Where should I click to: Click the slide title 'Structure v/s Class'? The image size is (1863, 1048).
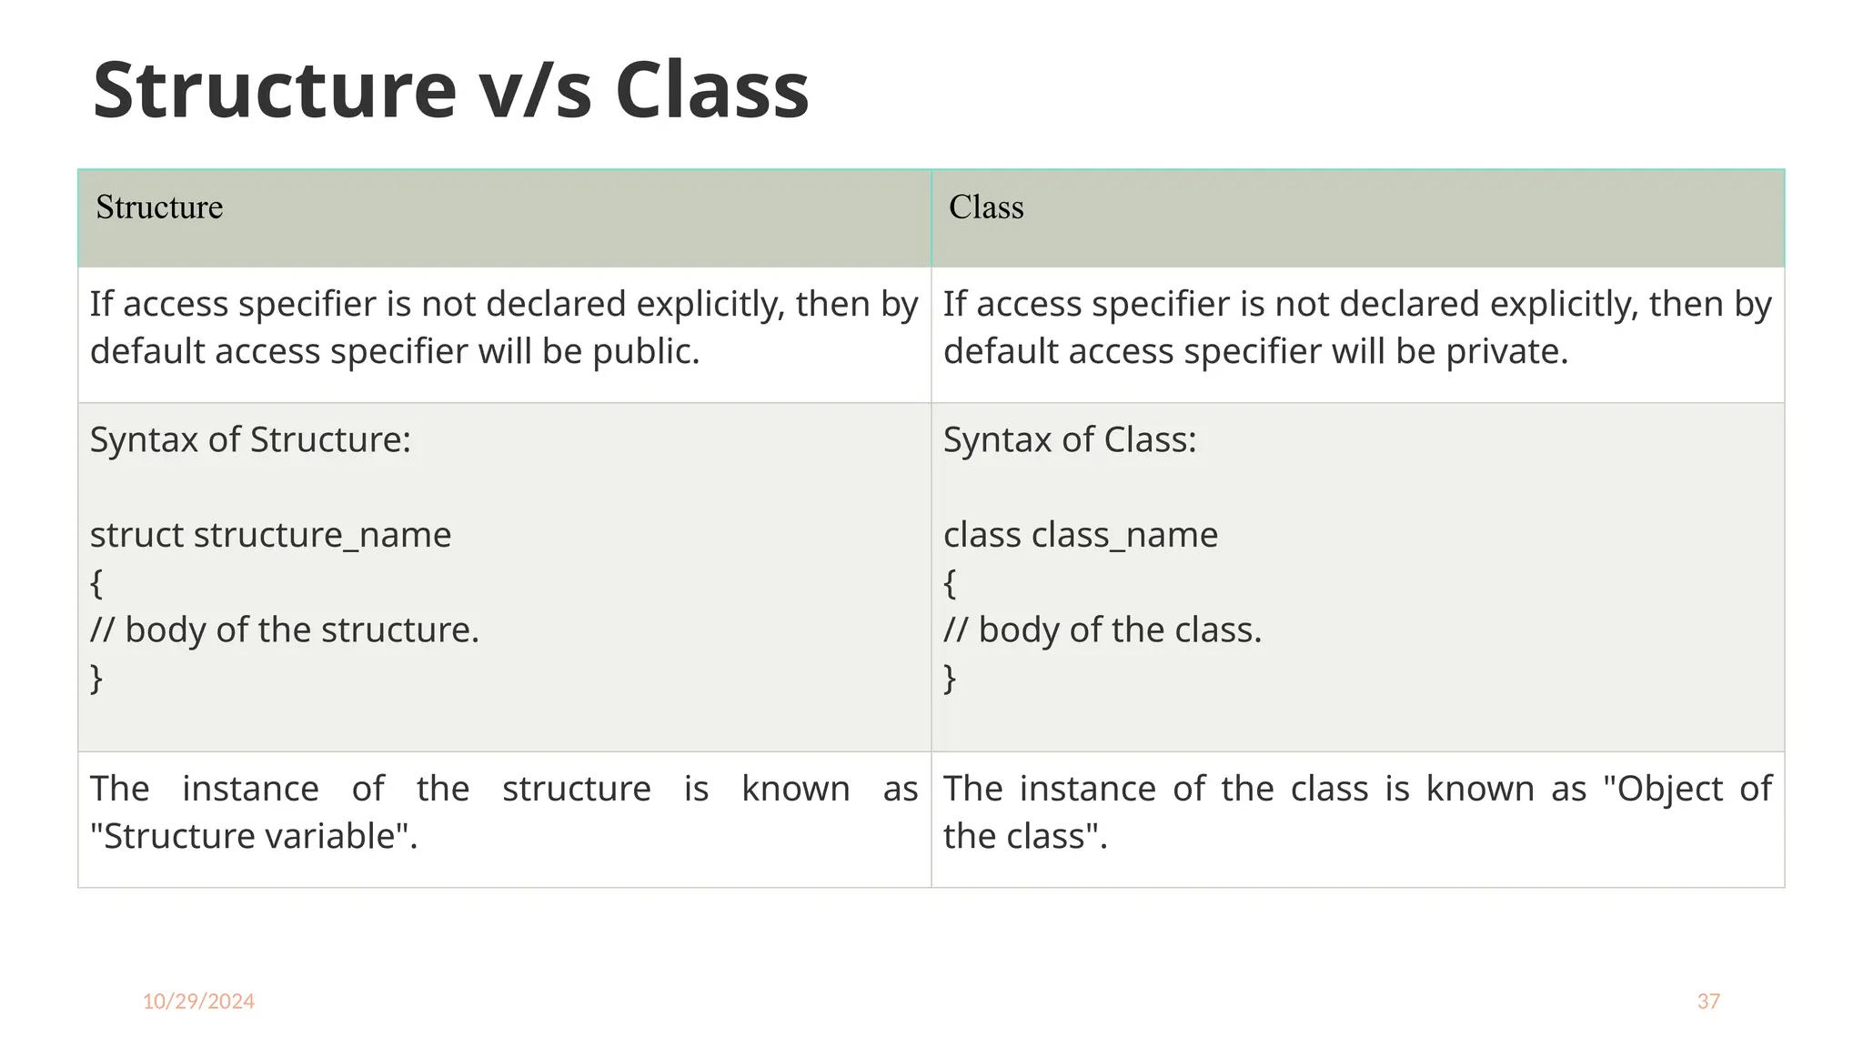pyautogui.click(x=450, y=90)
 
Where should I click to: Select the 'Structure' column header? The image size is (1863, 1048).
pyautogui.click(x=159, y=207)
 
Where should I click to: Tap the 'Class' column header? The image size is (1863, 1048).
pyautogui.click(x=986, y=207)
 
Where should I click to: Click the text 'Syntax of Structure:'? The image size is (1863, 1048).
pyautogui.click(x=250, y=440)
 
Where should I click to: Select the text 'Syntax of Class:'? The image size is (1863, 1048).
pyautogui.click(x=1070, y=440)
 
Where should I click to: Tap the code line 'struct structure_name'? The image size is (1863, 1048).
pyautogui.click(x=270, y=535)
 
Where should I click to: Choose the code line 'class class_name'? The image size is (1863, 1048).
pyautogui.click(x=1080, y=535)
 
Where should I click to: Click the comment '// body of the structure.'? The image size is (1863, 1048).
pyautogui.click(x=284, y=630)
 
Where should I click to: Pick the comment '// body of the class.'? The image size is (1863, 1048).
pyautogui.click(x=1103, y=630)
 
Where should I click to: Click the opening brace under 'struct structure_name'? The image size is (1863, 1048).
pyautogui.click(x=96, y=583)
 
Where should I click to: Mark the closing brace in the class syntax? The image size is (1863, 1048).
pyautogui.click(x=950, y=679)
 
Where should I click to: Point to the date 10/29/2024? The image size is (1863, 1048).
pyautogui.click(x=198, y=1002)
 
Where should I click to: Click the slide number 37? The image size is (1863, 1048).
pyautogui.click(x=1708, y=1002)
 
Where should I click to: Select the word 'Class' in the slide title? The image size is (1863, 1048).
pyautogui.click(x=711, y=90)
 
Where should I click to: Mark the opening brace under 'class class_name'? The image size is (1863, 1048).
pyautogui.click(x=950, y=583)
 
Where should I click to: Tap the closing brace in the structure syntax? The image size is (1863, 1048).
pyautogui.click(x=96, y=679)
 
